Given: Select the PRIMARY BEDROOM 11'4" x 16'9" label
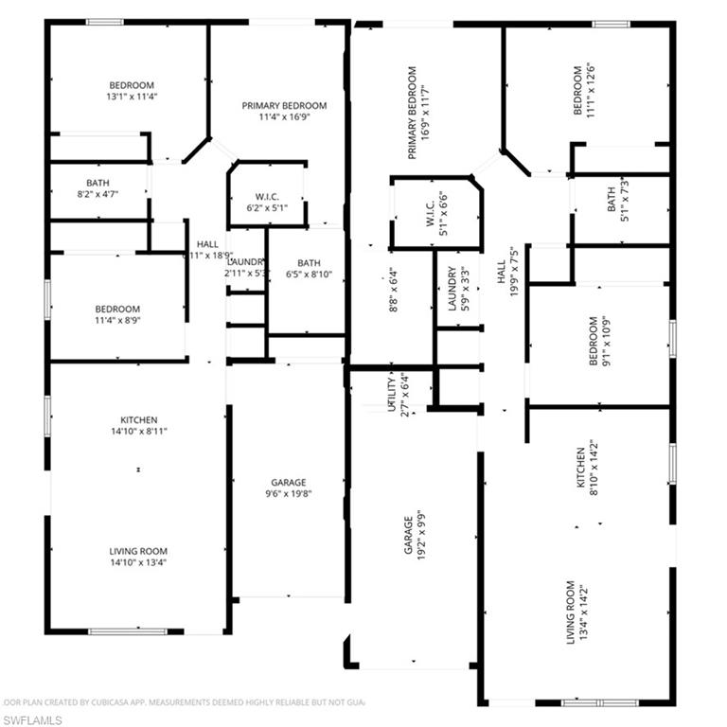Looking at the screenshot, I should coord(284,112).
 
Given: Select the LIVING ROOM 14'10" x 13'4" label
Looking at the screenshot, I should coord(138,557).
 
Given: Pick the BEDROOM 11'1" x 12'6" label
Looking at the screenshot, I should coord(584,91).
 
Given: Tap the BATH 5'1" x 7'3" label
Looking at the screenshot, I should coord(617,197).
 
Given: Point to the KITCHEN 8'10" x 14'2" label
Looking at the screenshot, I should coord(589,470).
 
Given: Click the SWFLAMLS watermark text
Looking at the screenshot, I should coord(32,720).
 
